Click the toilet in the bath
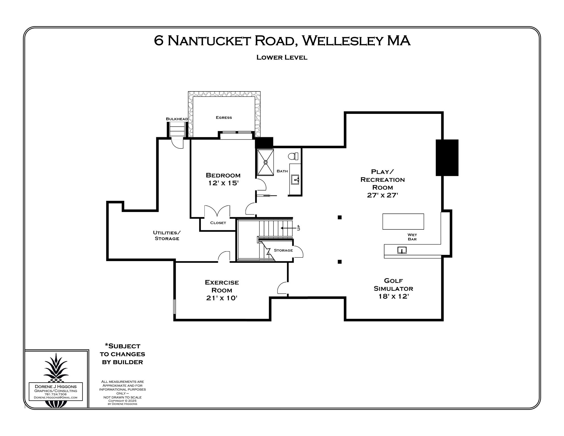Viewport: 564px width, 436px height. [x=293, y=156]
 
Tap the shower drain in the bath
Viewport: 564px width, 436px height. [x=266, y=162]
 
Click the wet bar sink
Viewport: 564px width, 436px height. [x=402, y=250]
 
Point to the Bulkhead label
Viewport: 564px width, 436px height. [x=177, y=119]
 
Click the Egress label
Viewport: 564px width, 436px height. [x=224, y=118]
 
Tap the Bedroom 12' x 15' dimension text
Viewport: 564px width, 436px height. [x=223, y=183]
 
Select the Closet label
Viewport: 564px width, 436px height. [x=218, y=223]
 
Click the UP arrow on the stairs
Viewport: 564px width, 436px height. [x=287, y=228]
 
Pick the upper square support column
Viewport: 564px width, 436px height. [x=340, y=217]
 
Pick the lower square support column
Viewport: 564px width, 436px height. [x=340, y=262]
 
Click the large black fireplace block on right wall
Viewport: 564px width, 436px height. [x=447, y=158]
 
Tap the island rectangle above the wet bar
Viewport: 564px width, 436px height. [x=403, y=221]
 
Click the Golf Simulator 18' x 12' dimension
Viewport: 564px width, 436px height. [x=393, y=296]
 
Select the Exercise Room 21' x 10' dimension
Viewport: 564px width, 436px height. [x=222, y=298]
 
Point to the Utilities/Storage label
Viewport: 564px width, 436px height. [x=167, y=236]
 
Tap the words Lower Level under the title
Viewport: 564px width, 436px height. [x=282, y=57]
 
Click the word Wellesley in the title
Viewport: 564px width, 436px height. [x=342, y=41]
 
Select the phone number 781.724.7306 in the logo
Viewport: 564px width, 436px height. [x=56, y=394]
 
